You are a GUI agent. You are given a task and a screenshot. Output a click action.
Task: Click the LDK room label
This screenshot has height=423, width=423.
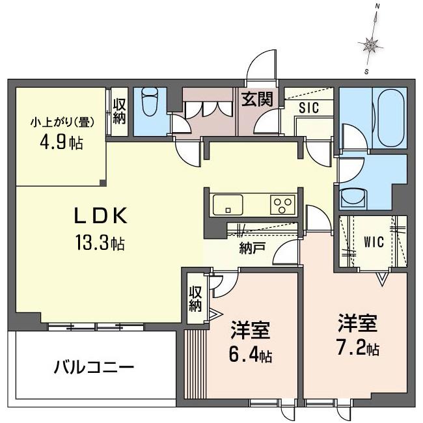pyautogui.click(x=101, y=215)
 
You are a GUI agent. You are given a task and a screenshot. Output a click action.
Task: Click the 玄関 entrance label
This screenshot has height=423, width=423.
pyautogui.click(x=257, y=100)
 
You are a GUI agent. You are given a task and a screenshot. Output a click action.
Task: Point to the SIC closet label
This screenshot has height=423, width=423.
pyautogui.click(x=309, y=107)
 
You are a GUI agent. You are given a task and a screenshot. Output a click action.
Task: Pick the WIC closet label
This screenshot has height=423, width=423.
pyautogui.click(x=374, y=242)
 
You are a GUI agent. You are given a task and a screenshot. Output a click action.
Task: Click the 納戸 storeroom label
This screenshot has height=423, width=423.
pyautogui.click(x=252, y=248)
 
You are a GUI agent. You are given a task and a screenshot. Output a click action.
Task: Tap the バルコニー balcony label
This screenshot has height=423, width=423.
pyautogui.click(x=94, y=367)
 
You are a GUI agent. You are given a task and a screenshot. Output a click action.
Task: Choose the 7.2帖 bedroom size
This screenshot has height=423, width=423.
pyautogui.click(x=358, y=348)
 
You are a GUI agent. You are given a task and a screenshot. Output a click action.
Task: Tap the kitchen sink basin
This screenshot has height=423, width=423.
pyautogui.click(x=228, y=205)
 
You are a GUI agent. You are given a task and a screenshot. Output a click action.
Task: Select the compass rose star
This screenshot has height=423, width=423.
pyautogui.click(x=370, y=45)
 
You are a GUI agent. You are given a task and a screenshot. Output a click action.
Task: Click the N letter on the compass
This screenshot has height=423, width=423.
pyautogui.click(x=377, y=15)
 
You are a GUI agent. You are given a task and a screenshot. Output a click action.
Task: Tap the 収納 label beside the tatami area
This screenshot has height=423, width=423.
pyautogui.click(x=119, y=112)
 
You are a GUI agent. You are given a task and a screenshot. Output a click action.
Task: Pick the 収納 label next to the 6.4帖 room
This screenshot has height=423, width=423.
pyautogui.click(x=195, y=299)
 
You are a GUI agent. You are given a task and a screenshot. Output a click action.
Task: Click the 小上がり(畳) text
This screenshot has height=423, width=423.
pyautogui.click(x=62, y=123)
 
